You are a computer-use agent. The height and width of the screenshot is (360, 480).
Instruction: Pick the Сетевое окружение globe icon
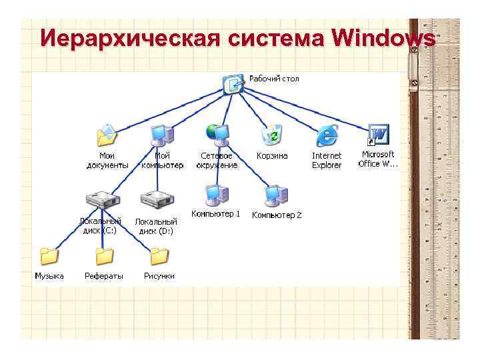(x=217, y=134)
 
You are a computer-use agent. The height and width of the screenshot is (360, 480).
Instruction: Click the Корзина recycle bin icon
(x=272, y=135)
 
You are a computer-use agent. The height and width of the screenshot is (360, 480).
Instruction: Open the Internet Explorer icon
(x=327, y=135)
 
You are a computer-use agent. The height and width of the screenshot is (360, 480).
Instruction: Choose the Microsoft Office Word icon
(x=378, y=135)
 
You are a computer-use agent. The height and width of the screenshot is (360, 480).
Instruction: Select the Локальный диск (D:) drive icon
(x=157, y=199)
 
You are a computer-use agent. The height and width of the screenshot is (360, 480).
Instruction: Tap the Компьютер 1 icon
(x=216, y=194)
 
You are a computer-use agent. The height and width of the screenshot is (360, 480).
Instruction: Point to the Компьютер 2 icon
(x=275, y=194)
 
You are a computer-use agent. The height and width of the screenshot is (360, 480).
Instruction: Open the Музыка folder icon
(x=49, y=256)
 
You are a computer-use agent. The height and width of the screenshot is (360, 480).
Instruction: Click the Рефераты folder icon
(x=104, y=256)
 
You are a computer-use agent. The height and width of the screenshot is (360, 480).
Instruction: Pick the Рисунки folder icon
(x=159, y=256)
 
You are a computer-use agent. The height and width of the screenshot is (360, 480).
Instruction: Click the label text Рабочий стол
(x=274, y=79)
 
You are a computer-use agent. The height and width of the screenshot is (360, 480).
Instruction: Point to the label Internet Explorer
(x=327, y=160)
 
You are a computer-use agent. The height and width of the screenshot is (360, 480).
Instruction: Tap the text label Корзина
(x=272, y=156)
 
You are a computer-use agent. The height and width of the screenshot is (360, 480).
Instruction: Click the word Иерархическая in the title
(x=129, y=39)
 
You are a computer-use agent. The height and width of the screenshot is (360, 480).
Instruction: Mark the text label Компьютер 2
(x=277, y=215)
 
